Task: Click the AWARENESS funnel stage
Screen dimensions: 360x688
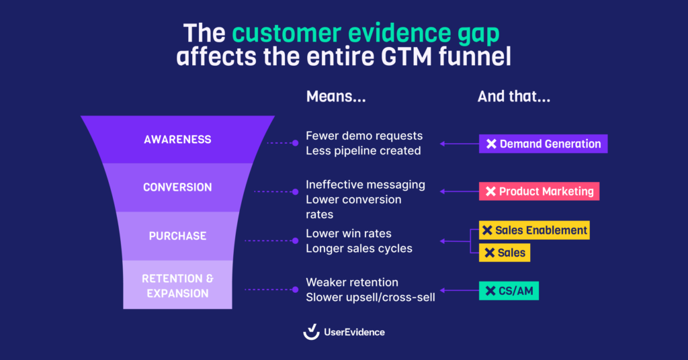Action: click(x=177, y=140)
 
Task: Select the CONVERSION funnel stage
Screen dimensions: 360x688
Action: click(x=177, y=187)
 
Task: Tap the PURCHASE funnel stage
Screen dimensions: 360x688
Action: click(x=177, y=236)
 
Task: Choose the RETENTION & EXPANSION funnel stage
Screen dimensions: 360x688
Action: click(x=177, y=285)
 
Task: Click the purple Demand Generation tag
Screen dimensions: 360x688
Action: click(x=543, y=144)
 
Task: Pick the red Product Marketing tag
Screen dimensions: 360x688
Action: click(x=539, y=191)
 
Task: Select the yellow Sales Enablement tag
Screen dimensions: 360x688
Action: click(x=534, y=230)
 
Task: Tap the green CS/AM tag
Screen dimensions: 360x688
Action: click(x=509, y=291)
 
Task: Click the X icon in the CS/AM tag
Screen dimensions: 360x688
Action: click(x=488, y=291)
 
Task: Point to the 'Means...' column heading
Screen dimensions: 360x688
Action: click(x=336, y=97)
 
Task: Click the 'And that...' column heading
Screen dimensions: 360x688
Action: click(x=514, y=97)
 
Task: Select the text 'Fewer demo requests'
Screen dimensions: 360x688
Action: click(x=364, y=136)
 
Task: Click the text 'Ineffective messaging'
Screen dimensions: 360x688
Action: click(x=365, y=184)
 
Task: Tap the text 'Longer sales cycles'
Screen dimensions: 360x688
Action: click(x=359, y=249)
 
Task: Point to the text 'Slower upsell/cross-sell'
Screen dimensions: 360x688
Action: click(x=370, y=297)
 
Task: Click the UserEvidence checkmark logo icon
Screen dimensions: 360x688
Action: click(x=311, y=332)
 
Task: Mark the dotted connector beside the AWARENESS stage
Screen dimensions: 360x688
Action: click(x=282, y=143)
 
